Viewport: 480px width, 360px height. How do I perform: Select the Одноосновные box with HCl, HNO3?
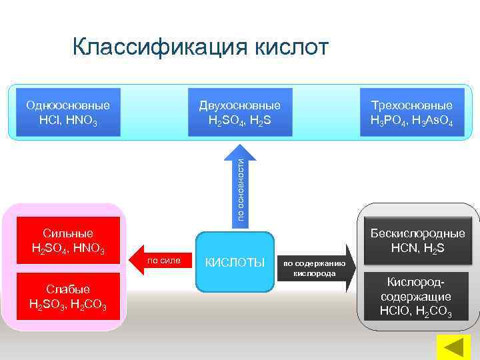click(x=67, y=113)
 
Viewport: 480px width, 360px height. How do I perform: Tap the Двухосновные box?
click(x=239, y=113)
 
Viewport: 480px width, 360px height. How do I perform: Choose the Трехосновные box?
click(x=411, y=113)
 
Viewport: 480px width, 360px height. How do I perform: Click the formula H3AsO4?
click(x=433, y=121)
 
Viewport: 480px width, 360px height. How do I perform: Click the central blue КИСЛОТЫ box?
click(x=235, y=262)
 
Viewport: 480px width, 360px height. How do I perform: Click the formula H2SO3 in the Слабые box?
click(x=46, y=304)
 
